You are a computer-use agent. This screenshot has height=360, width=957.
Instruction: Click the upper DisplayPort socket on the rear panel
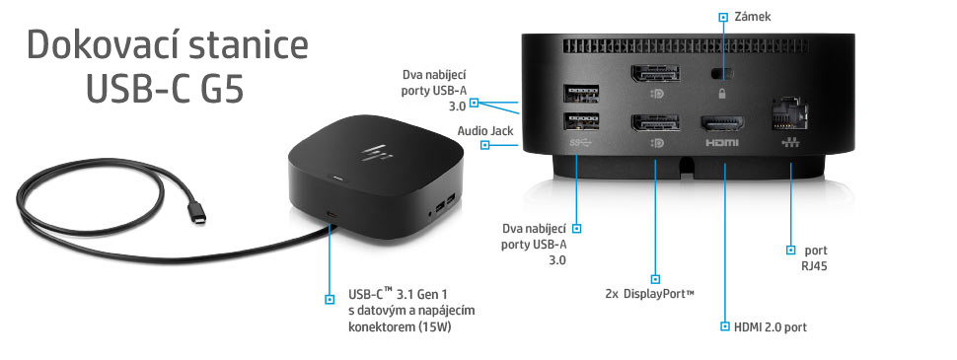652,77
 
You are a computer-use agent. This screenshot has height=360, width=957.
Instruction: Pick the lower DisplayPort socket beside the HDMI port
652,125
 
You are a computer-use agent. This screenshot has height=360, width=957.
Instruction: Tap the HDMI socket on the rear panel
722,126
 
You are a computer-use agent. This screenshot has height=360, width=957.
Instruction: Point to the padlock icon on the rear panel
723,94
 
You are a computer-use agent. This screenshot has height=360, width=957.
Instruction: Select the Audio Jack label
454,130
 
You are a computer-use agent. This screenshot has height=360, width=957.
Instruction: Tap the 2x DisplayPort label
650,294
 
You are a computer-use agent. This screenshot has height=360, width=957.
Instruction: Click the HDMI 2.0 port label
770,326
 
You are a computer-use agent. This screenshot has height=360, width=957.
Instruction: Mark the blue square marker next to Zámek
723,17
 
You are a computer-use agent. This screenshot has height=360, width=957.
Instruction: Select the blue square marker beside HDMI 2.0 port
723,325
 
